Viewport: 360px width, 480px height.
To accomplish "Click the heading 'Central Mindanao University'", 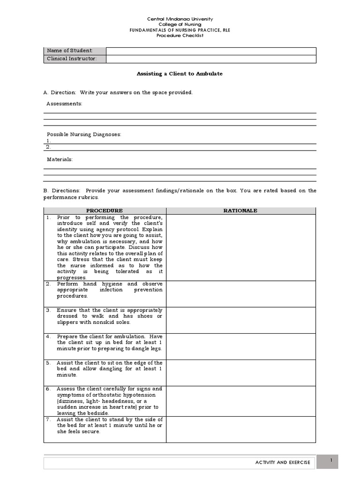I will [x=180, y=19].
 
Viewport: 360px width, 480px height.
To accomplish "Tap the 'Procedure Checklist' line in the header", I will [x=180, y=35].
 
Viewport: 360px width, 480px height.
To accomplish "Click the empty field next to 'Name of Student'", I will [x=211, y=51].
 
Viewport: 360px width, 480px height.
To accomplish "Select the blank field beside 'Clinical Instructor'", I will [x=211, y=59].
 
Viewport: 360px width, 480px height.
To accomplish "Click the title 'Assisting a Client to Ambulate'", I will [x=180, y=74].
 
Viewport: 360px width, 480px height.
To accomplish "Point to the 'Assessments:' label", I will [x=64, y=104].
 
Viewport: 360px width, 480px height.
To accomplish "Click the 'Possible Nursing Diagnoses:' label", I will [x=83, y=135].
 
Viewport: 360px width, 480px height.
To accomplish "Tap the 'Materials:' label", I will [x=60, y=159].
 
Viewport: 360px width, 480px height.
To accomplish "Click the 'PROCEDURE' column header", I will [x=105, y=210].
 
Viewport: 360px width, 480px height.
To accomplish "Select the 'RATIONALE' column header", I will [x=240, y=210].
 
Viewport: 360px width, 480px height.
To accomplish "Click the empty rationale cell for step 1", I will [x=240, y=247].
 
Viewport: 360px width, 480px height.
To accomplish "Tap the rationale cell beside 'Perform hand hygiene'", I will [x=240, y=293].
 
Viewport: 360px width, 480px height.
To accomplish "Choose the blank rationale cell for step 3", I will [x=240, y=320].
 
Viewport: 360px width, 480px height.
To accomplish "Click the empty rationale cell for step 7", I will [x=240, y=429].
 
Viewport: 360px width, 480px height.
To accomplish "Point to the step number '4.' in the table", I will [x=48, y=337].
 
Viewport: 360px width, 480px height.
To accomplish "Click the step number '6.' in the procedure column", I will [x=48, y=389].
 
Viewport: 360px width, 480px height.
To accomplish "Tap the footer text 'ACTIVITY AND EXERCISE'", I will [x=283, y=463].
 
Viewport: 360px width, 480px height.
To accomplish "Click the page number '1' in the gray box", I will [x=331, y=461].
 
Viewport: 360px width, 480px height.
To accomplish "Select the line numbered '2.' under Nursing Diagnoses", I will [x=180, y=147].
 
